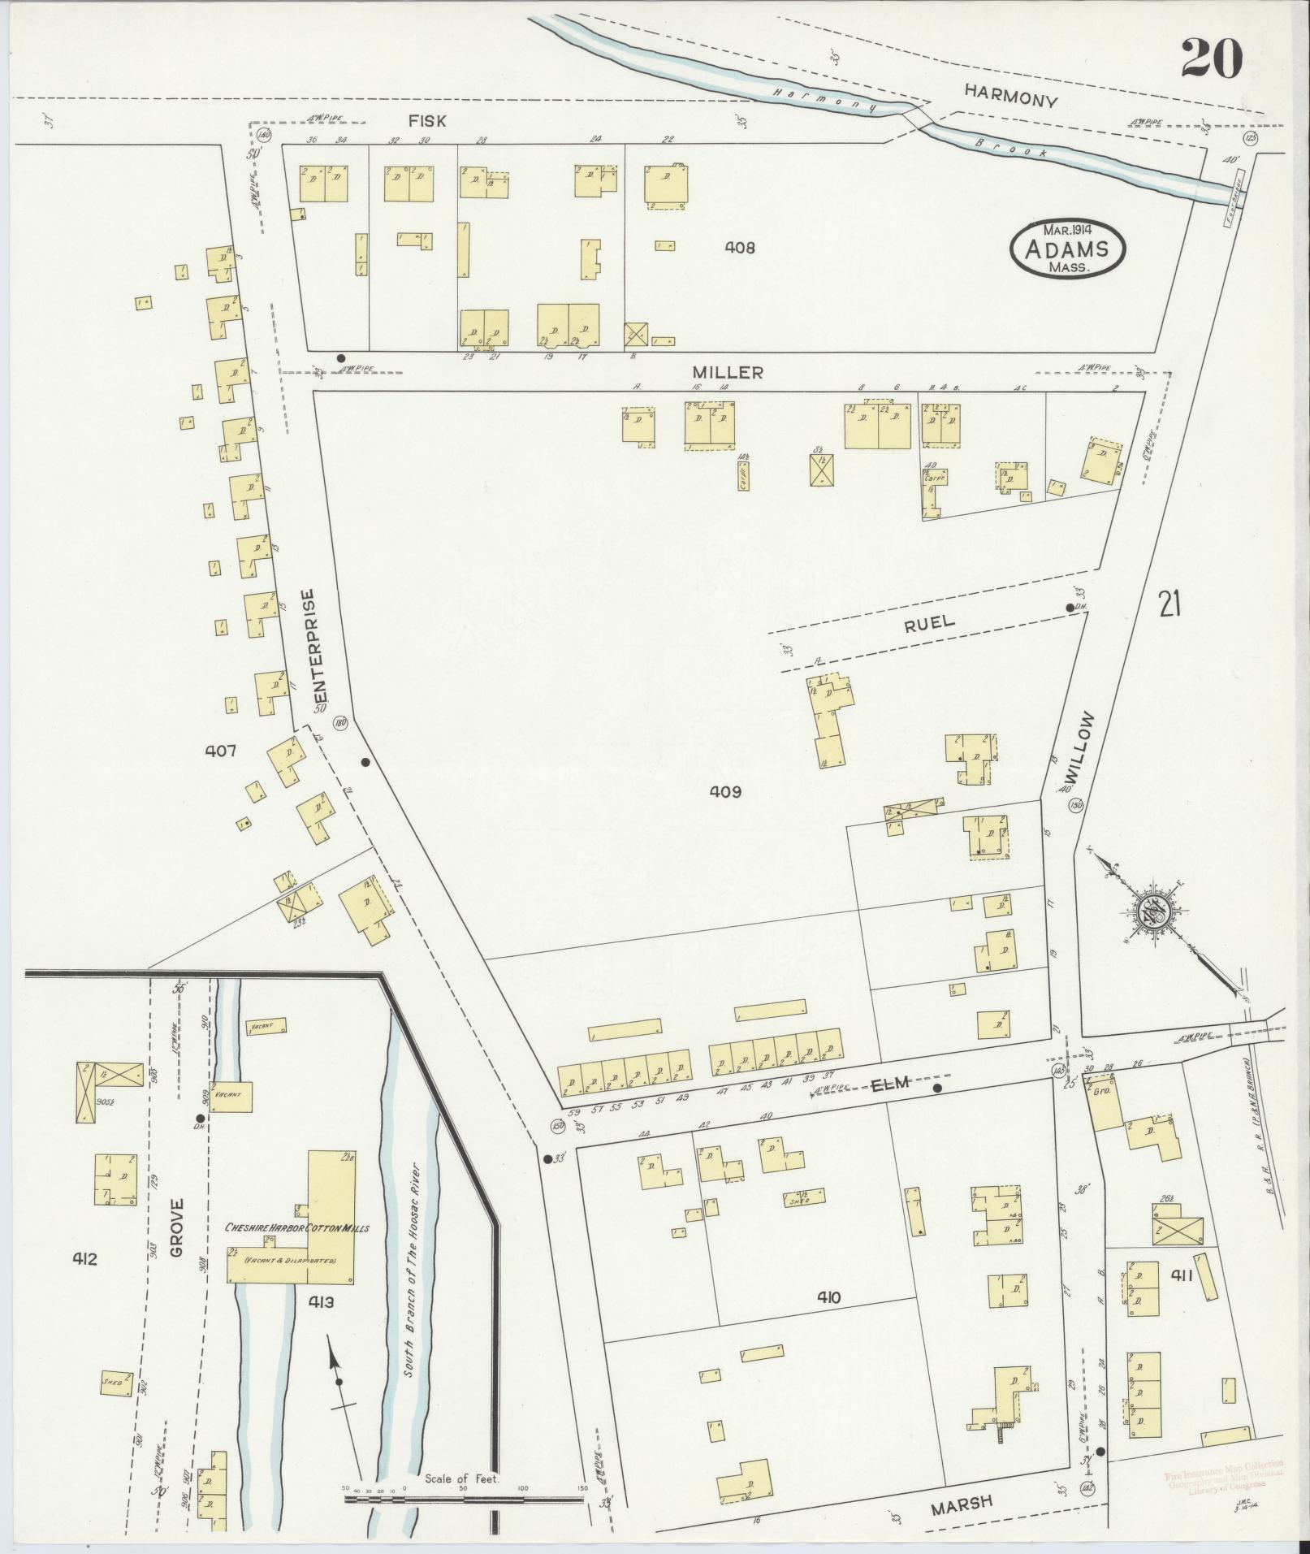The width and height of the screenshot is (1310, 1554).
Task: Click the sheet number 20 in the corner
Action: click(x=1211, y=58)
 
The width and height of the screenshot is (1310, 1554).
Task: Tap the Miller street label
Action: click(x=727, y=372)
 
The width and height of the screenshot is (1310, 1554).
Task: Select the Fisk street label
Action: click(x=427, y=120)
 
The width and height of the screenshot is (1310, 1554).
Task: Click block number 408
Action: click(x=739, y=247)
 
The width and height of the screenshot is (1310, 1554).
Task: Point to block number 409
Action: click(x=725, y=790)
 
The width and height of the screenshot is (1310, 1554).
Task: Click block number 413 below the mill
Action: click(x=322, y=1303)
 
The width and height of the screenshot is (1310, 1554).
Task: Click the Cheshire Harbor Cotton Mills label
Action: click(x=296, y=1251)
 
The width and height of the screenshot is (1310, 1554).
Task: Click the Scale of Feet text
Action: click(x=462, y=1479)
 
